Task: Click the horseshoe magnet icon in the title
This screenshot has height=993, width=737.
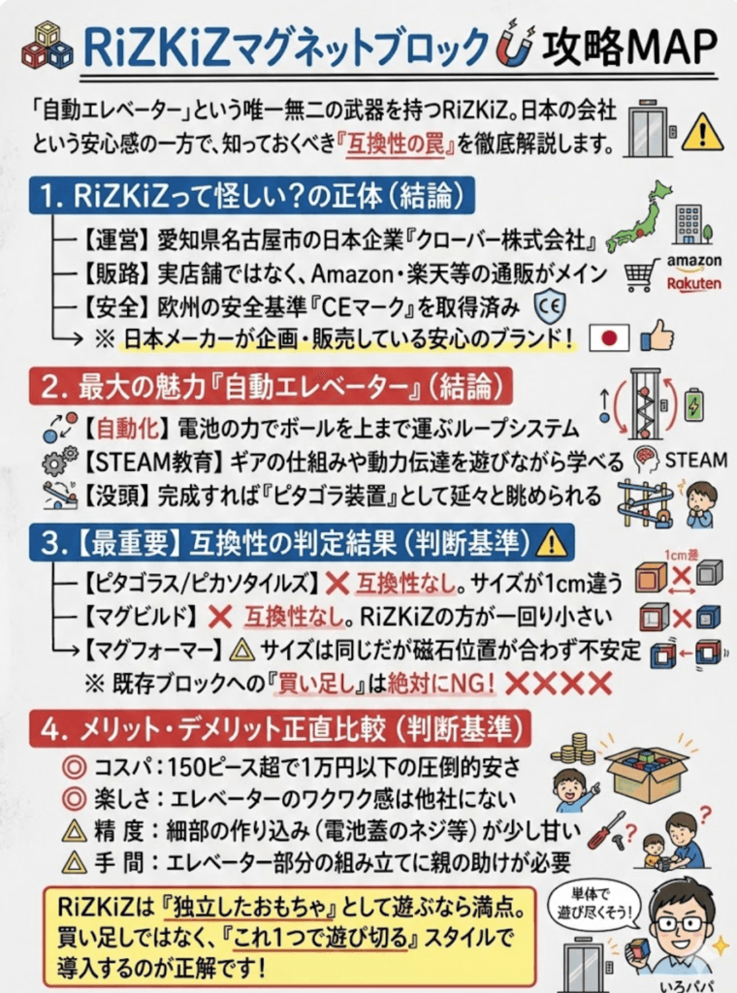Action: [x=514, y=46]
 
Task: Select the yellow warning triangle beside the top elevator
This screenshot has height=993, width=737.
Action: [x=702, y=133]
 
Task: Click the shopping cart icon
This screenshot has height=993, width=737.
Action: [x=641, y=275]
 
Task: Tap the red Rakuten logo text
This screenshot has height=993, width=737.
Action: [x=693, y=283]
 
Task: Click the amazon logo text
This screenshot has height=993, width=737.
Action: [x=693, y=261]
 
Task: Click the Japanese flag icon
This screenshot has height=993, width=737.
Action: [x=610, y=338]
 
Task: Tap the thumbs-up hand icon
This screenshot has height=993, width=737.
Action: [x=657, y=336]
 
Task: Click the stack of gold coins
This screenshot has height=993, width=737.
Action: [x=572, y=747]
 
